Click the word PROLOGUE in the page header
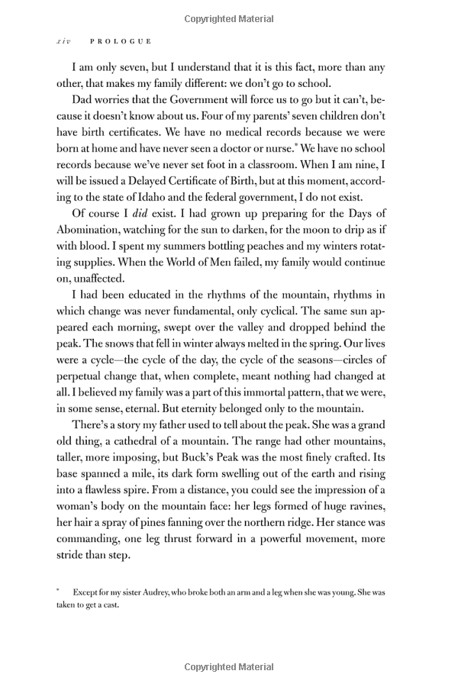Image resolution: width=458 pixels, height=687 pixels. click(x=121, y=41)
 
